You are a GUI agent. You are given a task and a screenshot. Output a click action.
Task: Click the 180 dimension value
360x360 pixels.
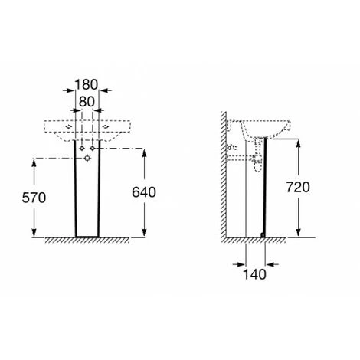(87, 84)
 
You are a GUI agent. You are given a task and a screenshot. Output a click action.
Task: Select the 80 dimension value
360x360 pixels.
(87, 102)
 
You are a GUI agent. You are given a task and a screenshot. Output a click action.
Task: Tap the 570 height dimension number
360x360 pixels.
(34, 198)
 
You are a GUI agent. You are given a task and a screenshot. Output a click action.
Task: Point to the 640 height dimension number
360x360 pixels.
(144, 192)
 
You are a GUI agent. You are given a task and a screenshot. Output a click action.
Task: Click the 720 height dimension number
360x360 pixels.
(298, 187)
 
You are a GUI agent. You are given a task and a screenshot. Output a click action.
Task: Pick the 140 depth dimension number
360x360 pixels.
(254, 274)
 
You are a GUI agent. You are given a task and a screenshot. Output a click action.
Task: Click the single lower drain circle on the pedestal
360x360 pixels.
(87, 159)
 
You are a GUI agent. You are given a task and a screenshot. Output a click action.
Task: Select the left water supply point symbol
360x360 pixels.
(82, 149)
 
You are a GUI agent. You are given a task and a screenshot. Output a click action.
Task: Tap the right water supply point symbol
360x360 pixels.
(93, 149)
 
